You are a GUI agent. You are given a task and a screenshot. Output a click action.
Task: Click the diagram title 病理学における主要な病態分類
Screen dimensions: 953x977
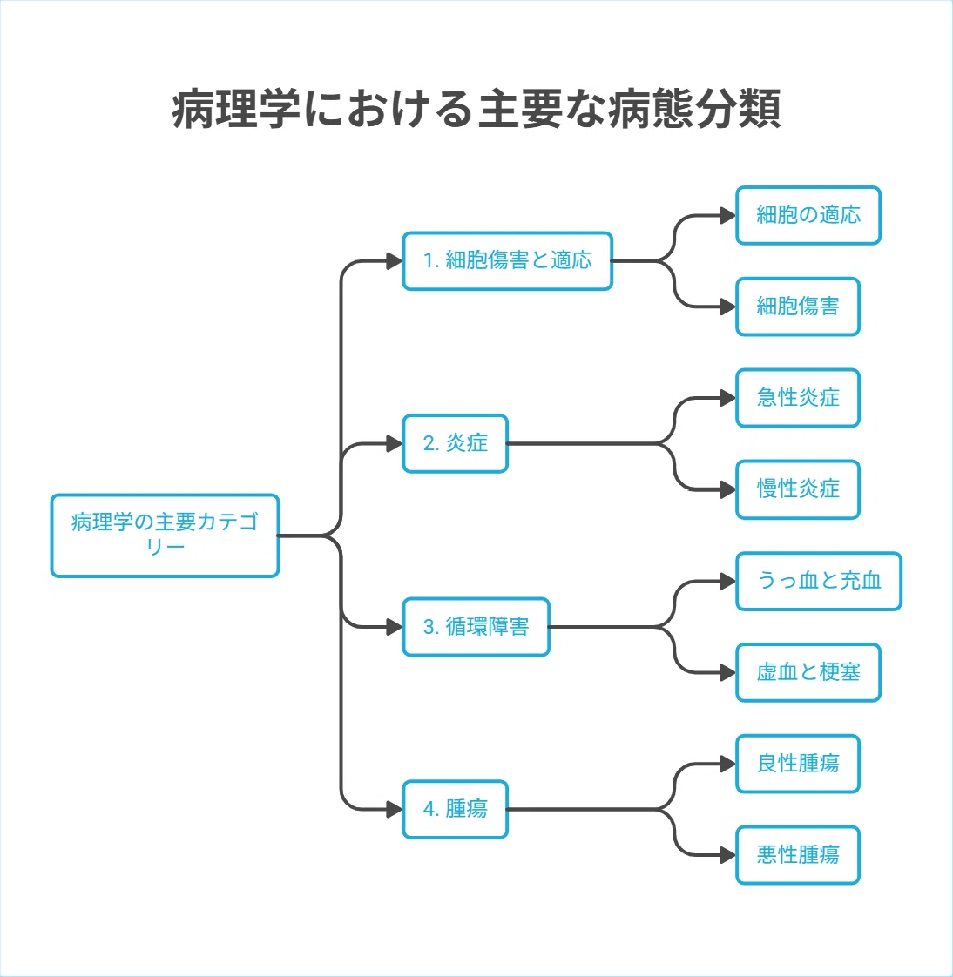pos(476,109)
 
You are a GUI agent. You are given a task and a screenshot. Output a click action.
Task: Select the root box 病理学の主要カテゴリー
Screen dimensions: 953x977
pos(166,536)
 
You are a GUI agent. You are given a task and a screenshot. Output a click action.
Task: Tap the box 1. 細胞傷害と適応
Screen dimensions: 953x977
pos(507,261)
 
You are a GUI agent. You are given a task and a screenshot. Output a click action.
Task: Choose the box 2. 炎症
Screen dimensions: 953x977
pos(455,443)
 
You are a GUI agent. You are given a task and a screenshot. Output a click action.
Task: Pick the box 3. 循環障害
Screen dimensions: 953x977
pos(476,627)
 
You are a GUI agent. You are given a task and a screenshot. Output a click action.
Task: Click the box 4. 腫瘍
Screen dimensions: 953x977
pos(455,810)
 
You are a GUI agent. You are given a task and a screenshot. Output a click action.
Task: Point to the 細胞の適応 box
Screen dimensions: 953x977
pos(808,216)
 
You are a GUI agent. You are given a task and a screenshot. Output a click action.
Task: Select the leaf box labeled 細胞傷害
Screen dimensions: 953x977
pos(798,307)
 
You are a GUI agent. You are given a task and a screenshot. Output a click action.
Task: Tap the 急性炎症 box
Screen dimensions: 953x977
pos(798,398)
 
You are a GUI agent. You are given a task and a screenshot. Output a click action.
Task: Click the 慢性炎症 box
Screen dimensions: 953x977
pos(798,489)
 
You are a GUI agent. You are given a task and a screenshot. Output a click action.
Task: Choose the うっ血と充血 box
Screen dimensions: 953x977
pos(819,582)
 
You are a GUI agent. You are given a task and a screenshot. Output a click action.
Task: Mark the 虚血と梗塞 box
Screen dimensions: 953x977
pos(808,673)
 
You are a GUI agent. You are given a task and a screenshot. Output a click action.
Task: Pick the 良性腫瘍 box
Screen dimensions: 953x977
pos(798,764)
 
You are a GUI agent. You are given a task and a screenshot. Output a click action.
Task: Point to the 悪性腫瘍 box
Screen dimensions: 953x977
pos(798,855)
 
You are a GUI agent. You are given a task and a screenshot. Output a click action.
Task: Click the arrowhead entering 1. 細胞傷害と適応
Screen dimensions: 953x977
pos(395,261)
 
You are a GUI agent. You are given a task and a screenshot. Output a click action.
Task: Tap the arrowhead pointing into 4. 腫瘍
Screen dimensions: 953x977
pos(395,810)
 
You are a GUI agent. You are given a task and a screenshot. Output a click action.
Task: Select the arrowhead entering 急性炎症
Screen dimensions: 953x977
pos(728,398)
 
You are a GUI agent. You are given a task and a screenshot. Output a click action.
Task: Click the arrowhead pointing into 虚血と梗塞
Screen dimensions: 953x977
pos(728,673)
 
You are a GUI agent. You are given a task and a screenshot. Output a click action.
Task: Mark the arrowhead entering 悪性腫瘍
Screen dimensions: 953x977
pos(728,855)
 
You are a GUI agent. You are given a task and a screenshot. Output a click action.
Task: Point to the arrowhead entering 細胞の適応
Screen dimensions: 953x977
pos(728,216)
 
